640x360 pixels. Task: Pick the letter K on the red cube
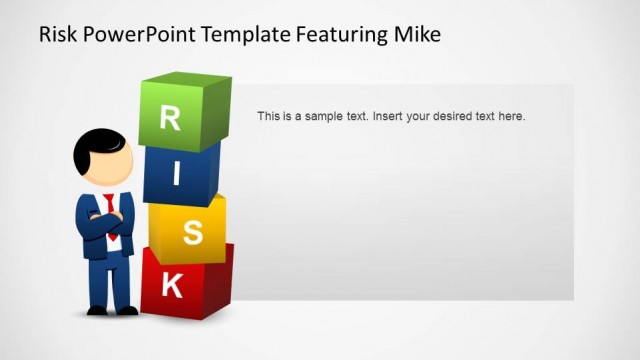coord(172,286)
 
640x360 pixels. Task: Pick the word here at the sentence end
coord(510,116)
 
